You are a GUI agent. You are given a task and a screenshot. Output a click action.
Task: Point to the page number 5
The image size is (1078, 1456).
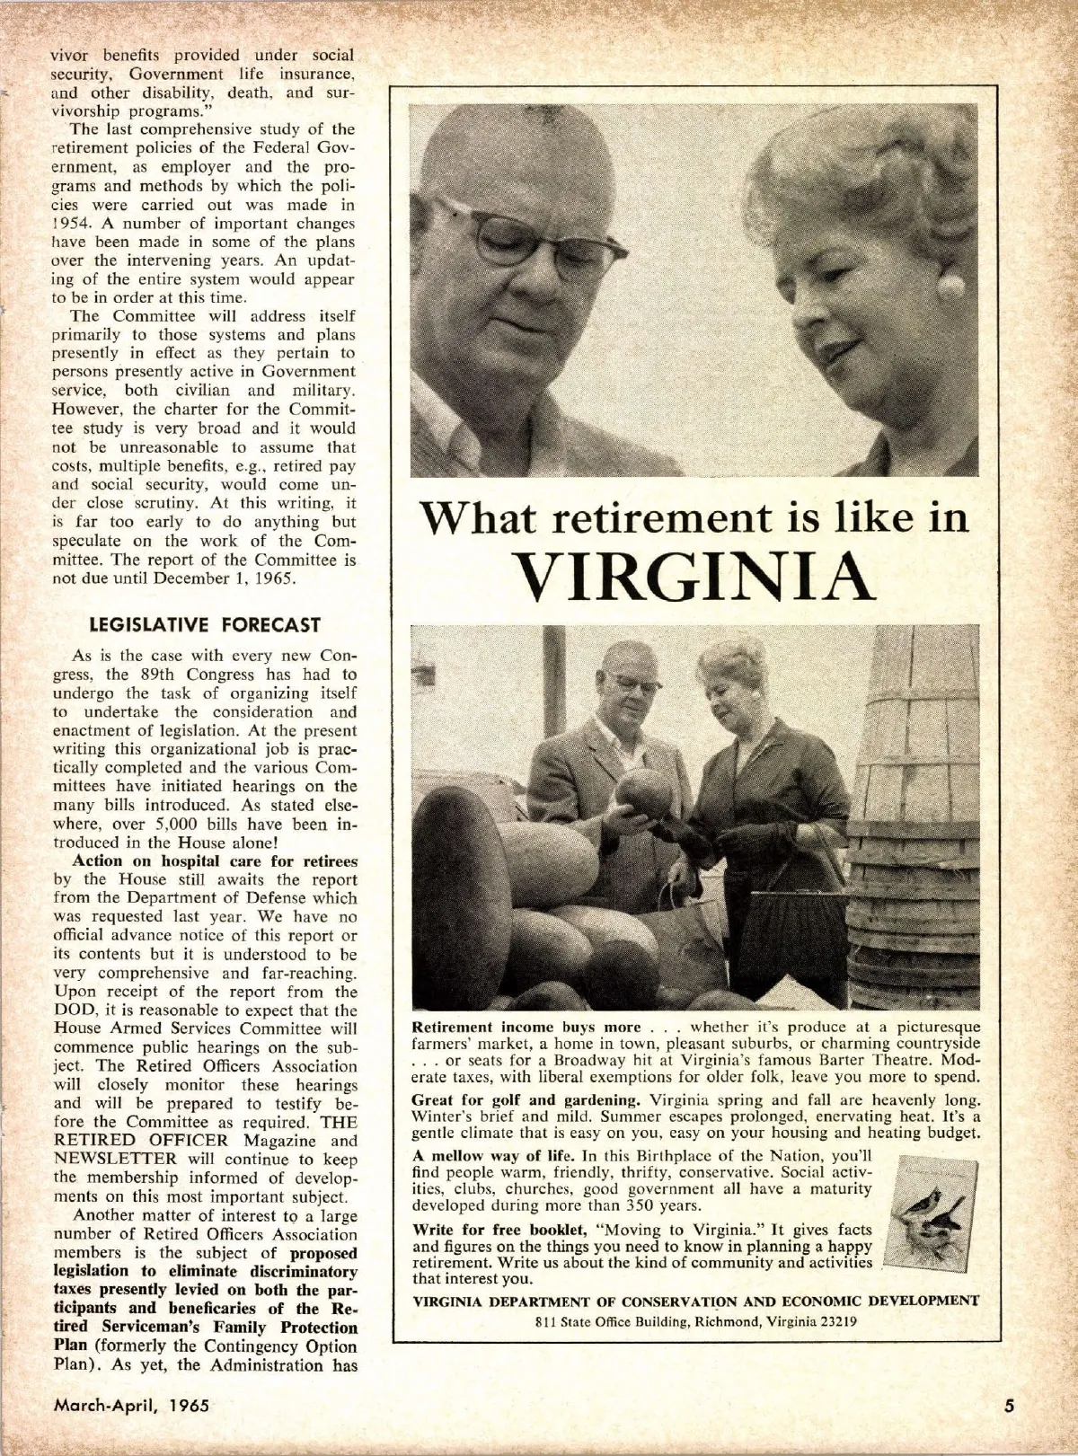[x=1010, y=1406]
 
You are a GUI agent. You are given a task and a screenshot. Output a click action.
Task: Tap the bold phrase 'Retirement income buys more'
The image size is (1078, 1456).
[x=526, y=1027]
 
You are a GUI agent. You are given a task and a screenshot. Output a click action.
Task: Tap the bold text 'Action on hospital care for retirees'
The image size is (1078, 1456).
[x=215, y=860]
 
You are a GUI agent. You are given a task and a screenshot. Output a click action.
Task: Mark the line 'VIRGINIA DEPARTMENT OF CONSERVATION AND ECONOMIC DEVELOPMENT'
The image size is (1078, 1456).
[x=694, y=1301]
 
